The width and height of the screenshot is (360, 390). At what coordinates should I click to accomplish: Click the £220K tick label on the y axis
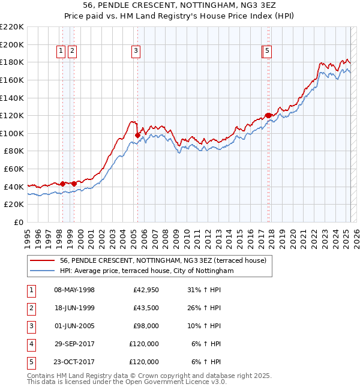pos(12,27)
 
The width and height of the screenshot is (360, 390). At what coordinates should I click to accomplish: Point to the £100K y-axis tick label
pos(12,133)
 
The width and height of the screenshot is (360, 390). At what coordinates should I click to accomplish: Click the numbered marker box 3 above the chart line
pos(136,52)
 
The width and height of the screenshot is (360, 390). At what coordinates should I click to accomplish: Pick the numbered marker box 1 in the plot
pos(61,52)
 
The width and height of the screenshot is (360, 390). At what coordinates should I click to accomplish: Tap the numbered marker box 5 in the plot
pos(266,52)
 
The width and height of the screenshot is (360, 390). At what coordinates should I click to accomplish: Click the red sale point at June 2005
pos(137,135)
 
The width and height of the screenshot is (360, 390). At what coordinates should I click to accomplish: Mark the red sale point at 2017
pos(268,116)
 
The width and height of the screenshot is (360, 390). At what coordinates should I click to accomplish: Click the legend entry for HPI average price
pos(146,271)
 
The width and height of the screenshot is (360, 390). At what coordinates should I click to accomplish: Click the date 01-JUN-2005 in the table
pos(74,326)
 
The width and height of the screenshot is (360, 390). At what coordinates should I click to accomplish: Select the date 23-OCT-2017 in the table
pos(74,362)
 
